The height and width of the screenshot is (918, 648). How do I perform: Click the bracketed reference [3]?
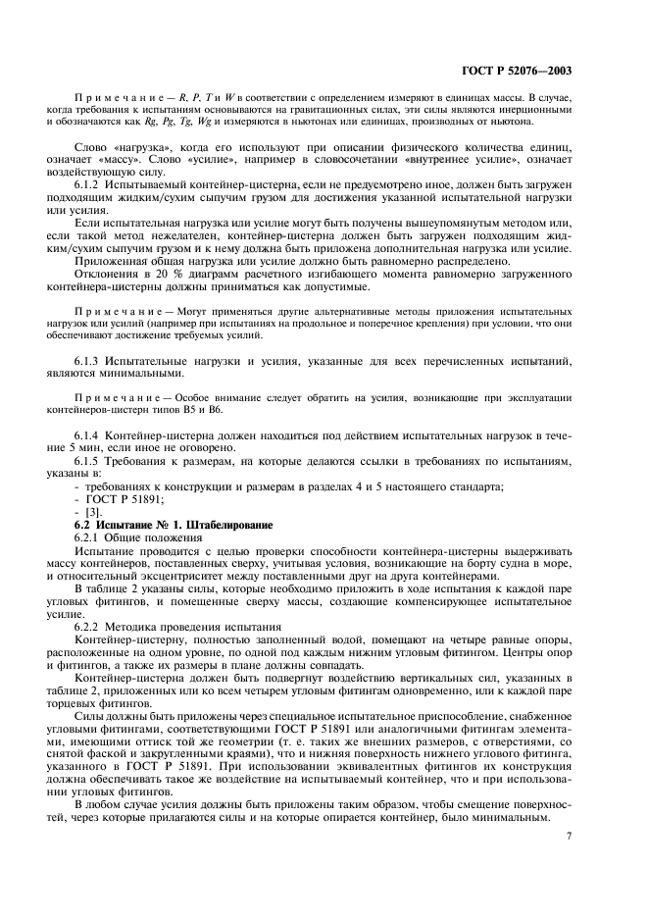pyautogui.click(x=94, y=512)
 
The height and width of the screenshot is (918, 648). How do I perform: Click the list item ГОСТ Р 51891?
pyautogui.click(x=119, y=498)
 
